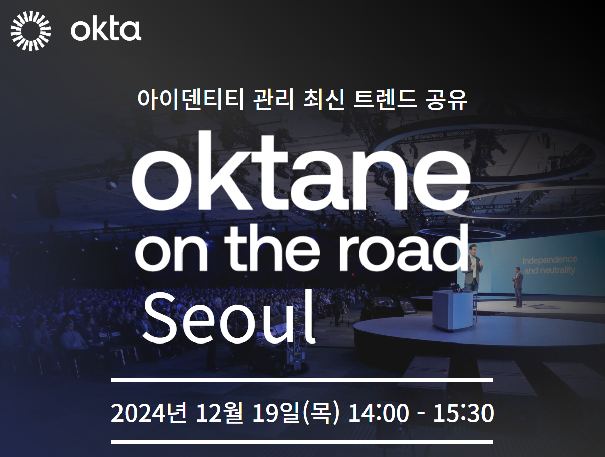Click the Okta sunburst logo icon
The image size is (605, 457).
pyautogui.click(x=31, y=31)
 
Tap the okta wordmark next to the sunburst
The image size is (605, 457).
pyautogui.click(x=106, y=30)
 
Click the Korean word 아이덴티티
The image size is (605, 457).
pyautogui.click(x=191, y=100)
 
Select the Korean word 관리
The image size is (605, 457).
pyautogui.click(x=273, y=100)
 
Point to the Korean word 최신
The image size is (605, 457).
pyautogui.click(x=324, y=100)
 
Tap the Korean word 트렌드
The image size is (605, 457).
pyautogui.click(x=385, y=100)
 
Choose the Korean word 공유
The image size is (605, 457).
pyautogui.click(x=447, y=100)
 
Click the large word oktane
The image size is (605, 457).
pyautogui.click(x=301, y=171)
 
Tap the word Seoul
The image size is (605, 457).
pyautogui.click(x=228, y=317)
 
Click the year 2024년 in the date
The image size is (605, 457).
pyautogui.click(x=149, y=413)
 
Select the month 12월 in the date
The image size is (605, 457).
pyautogui.click(x=220, y=413)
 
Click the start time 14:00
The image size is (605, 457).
pyautogui.click(x=379, y=413)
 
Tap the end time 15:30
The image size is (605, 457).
pyautogui.click(x=463, y=413)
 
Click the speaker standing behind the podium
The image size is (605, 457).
pyautogui.click(x=473, y=267)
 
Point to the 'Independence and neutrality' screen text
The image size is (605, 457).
pyautogui.click(x=550, y=265)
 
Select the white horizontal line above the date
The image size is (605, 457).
pyautogui.click(x=302, y=380)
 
